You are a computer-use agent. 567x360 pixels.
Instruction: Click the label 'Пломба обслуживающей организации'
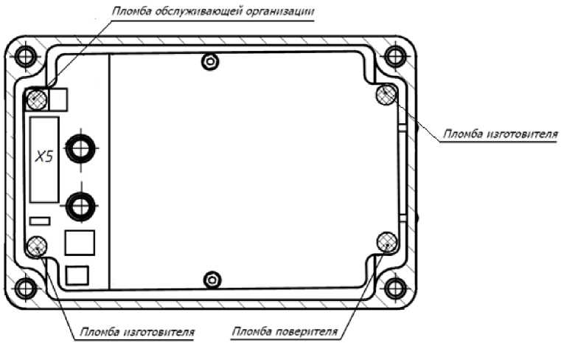pyautogui.click(x=212, y=13)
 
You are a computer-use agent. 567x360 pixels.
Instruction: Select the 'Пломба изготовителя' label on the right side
pyautogui.click(x=498, y=135)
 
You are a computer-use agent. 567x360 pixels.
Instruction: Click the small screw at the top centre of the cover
pyautogui.click(x=212, y=63)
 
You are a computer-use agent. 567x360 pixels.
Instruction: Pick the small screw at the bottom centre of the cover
pyautogui.click(x=212, y=278)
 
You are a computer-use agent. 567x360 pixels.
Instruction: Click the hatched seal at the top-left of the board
pyautogui.click(x=36, y=98)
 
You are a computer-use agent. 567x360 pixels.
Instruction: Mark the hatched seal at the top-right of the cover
pyautogui.click(x=386, y=94)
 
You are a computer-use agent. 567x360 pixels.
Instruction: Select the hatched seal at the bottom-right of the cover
pyautogui.click(x=386, y=241)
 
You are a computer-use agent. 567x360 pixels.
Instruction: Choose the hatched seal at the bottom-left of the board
pyautogui.click(x=37, y=246)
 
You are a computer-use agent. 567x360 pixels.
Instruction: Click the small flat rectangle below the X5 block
pyautogui.click(x=39, y=220)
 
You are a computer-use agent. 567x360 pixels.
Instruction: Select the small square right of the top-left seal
pyautogui.click(x=58, y=98)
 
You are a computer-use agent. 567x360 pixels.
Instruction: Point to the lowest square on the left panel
pyautogui.click(x=77, y=275)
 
